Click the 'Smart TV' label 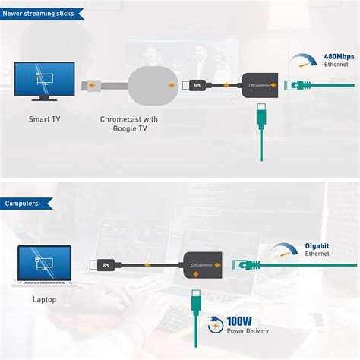[45, 119]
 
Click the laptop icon [45, 264]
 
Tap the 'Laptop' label [45, 299]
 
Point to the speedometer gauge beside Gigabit [286, 254]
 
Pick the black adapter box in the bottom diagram [203, 267]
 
